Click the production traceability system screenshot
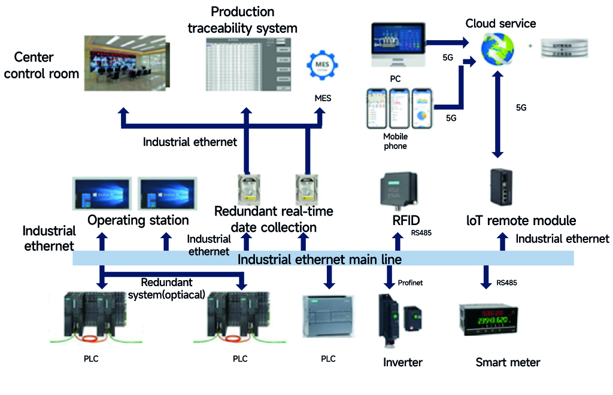pyautogui.click(x=246, y=64)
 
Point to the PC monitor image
pyautogui.click(x=398, y=44)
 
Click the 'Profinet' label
pyautogui.click(x=411, y=282)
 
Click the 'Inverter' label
pyautogui.click(x=403, y=362)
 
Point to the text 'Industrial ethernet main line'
pyautogui.click(x=320, y=259)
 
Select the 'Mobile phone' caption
pyautogui.click(x=395, y=141)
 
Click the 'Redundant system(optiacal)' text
pyautogui.click(x=166, y=287)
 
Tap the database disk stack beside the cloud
pyautogui.click(x=565, y=47)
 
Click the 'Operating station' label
pyautogui.click(x=138, y=220)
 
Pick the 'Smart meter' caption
pyautogui.click(x=508, y=362)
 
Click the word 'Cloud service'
pyautogui.click(x=501, y=23)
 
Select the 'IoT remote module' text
pyautogui.click(x=521, y=220)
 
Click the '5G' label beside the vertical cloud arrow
pyautogui.click(x=521, y=108)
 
